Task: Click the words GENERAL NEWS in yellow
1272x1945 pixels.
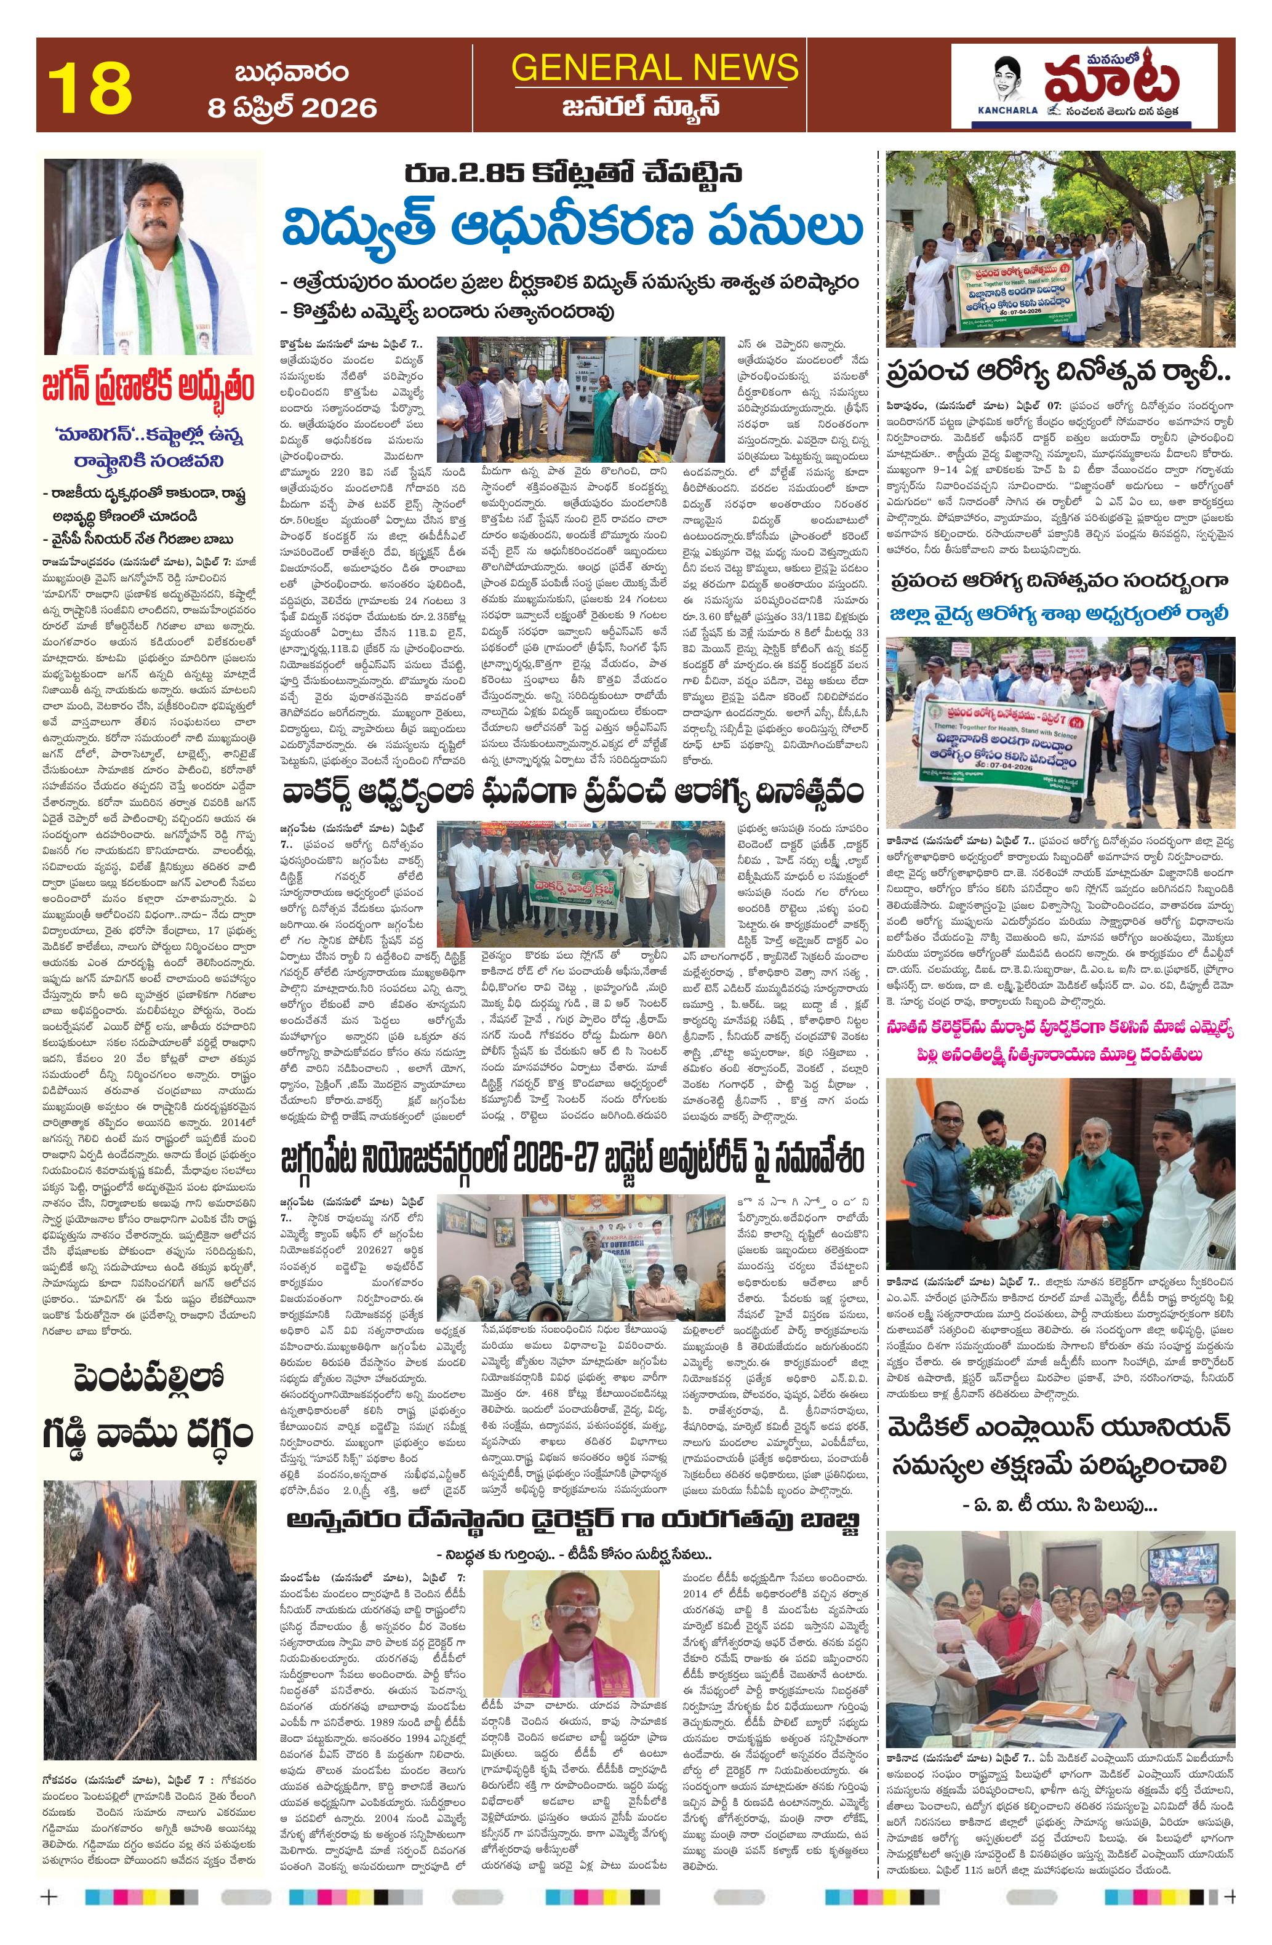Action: pyautogui.click(x=654, y=66)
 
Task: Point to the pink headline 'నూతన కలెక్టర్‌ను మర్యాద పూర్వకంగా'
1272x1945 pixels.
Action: pyautogui.click(x=1058, y=1027)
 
